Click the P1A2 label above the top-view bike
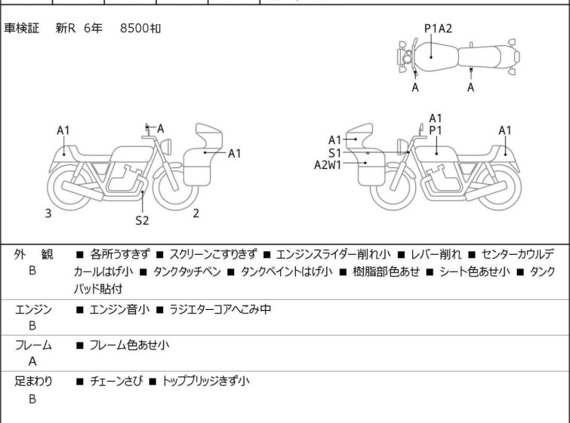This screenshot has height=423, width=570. (x=438, y=29)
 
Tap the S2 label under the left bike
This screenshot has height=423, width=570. (x=142, y=221)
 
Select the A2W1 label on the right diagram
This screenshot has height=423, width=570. (x=328, y=165)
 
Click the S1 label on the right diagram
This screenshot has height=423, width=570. (x=334, y=152)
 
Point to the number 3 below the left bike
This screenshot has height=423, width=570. (x=48, y=213)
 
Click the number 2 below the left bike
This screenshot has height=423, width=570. (x=196, y=213)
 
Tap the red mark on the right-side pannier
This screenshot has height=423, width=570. (x=368, y=153)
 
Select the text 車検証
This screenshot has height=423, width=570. (x=23, y=29)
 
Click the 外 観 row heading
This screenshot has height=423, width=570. (x=33, y=255)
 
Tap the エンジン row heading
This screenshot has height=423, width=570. (x=33, y=308)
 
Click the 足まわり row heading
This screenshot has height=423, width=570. (x=33, y=381)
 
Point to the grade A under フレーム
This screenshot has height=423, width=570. (x=32, y=361)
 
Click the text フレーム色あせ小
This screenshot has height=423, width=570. (x=129, y=345)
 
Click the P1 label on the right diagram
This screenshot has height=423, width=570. (x=436, y=130)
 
